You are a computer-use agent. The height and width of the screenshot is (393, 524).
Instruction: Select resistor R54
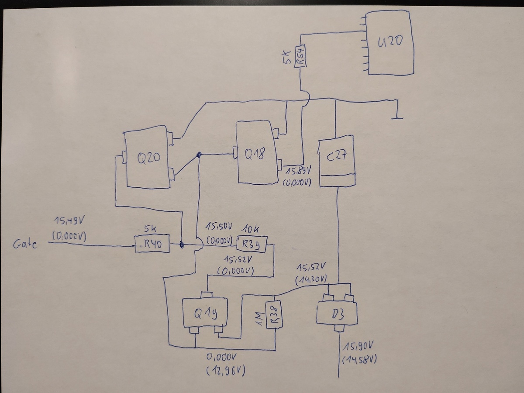click(x=300, y=56)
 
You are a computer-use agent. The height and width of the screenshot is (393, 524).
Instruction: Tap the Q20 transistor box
click(x=147, y=158)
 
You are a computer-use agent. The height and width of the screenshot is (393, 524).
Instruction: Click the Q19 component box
click(x=205, y=313)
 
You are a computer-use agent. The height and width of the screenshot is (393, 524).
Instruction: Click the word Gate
click(x=24, y=244)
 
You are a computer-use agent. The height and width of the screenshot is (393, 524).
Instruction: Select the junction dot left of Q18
click(x=199, y=155)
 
